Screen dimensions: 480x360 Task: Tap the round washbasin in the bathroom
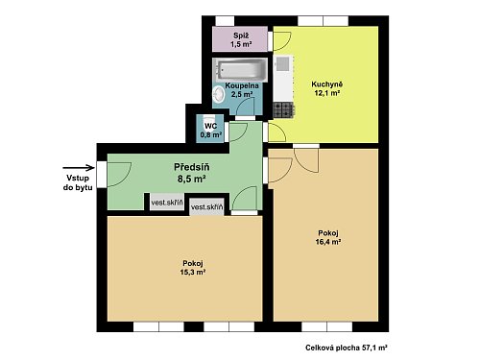pyautogui.click(x=220, y=94)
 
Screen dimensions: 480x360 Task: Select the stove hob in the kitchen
pyautogui.click(x=283, y=110)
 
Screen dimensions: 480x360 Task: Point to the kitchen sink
pyautogui.click(x=283, y=64)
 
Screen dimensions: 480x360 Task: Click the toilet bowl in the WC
pyautogui.click(x=209, y=118)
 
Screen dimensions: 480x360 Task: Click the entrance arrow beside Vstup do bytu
pyautogui.click(x=79, y=167)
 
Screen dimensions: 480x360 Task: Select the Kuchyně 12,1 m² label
pyautogui.click(x=326, y=88)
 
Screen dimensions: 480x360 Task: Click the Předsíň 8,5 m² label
pyautogui.click(x=192, y=173)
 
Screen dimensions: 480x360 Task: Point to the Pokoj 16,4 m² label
pyautogui.click(x=327, y=237)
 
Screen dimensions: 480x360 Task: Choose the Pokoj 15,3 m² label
pyautogui.click(x=193, y=268)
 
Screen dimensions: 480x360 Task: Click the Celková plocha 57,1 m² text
pyautogui.click(x=347, y=348)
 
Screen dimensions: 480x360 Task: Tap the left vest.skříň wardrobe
pyautogui.click(x=167, y=203)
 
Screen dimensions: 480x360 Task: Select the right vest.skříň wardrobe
pyautogui.click(x=206, y=207)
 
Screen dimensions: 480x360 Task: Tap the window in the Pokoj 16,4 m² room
pyautogui.click(x=326, y=326)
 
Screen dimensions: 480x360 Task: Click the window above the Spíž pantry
pyautogui.click(x=225, y=21)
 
